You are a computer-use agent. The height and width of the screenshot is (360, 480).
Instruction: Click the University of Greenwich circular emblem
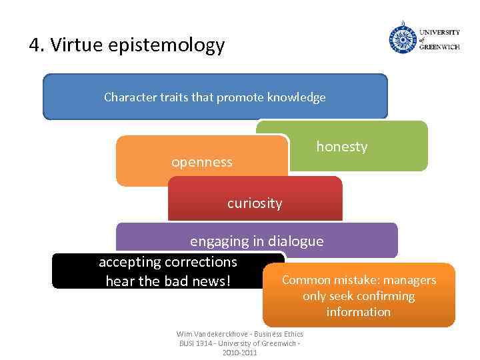[403, 39]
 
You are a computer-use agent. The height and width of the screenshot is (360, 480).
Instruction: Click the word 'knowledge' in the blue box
[297, 97]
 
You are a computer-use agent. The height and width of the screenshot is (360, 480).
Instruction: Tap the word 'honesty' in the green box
[341, 147]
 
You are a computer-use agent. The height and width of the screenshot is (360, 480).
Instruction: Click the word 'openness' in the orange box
[202, 162]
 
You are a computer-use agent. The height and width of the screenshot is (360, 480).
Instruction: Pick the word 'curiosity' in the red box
[255, 203]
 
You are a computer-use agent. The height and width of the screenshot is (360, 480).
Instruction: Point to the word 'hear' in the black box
[120, 281]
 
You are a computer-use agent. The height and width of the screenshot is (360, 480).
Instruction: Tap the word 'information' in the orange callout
[359, 312]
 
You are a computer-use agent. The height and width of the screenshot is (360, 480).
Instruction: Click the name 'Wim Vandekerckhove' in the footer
[206, 334]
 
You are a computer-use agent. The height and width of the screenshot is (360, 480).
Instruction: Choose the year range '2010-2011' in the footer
[239, 352]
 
